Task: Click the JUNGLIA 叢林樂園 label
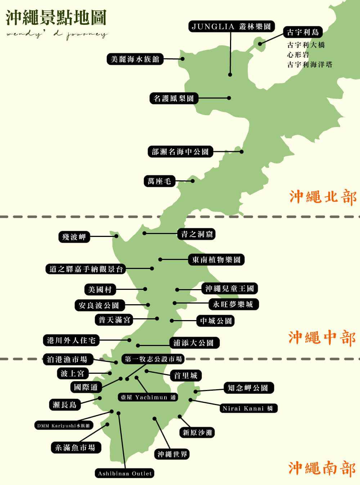pyautogui.click(x=231, y=27)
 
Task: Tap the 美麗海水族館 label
pyautogui.click(x=135, y=59)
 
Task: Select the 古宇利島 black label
pyautogui.click(x=303, y=32)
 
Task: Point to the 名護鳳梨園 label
pyautogui.click(x=174, y=98)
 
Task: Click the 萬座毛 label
pyautogui.click(x=159, y=181)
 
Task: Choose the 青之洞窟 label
pyautogui.click(x=197, y=234)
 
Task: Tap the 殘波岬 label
pyautogui.click(x=74, y=237)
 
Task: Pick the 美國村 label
pyautogui.click(x=100, y=289)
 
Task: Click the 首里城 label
pyautogui.click(x=186, y=376)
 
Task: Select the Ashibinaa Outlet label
pyautogui.click(x=125, y=473)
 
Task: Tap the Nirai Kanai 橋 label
pyautogui.click(x=248, y=408)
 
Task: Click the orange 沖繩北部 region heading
pyautogui.click(x=323, y=197)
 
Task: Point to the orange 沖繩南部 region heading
pyautogui.click(x=322, y=468)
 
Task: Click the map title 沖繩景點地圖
pyautogui.click(x=56, y=18)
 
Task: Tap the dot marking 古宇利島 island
pyautogui.click(x=260, y=44)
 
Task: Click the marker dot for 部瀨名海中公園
pyautogui.click(x=242, y=152)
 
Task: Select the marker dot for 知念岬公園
pyautogui.click(x=195, y=391)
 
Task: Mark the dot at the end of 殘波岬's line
pyautogui.click(x=116, y=236)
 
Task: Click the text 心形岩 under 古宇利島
pyautogui.click(x=298, y=55)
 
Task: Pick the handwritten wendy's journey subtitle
pyautogui.click(x=57, y=35)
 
